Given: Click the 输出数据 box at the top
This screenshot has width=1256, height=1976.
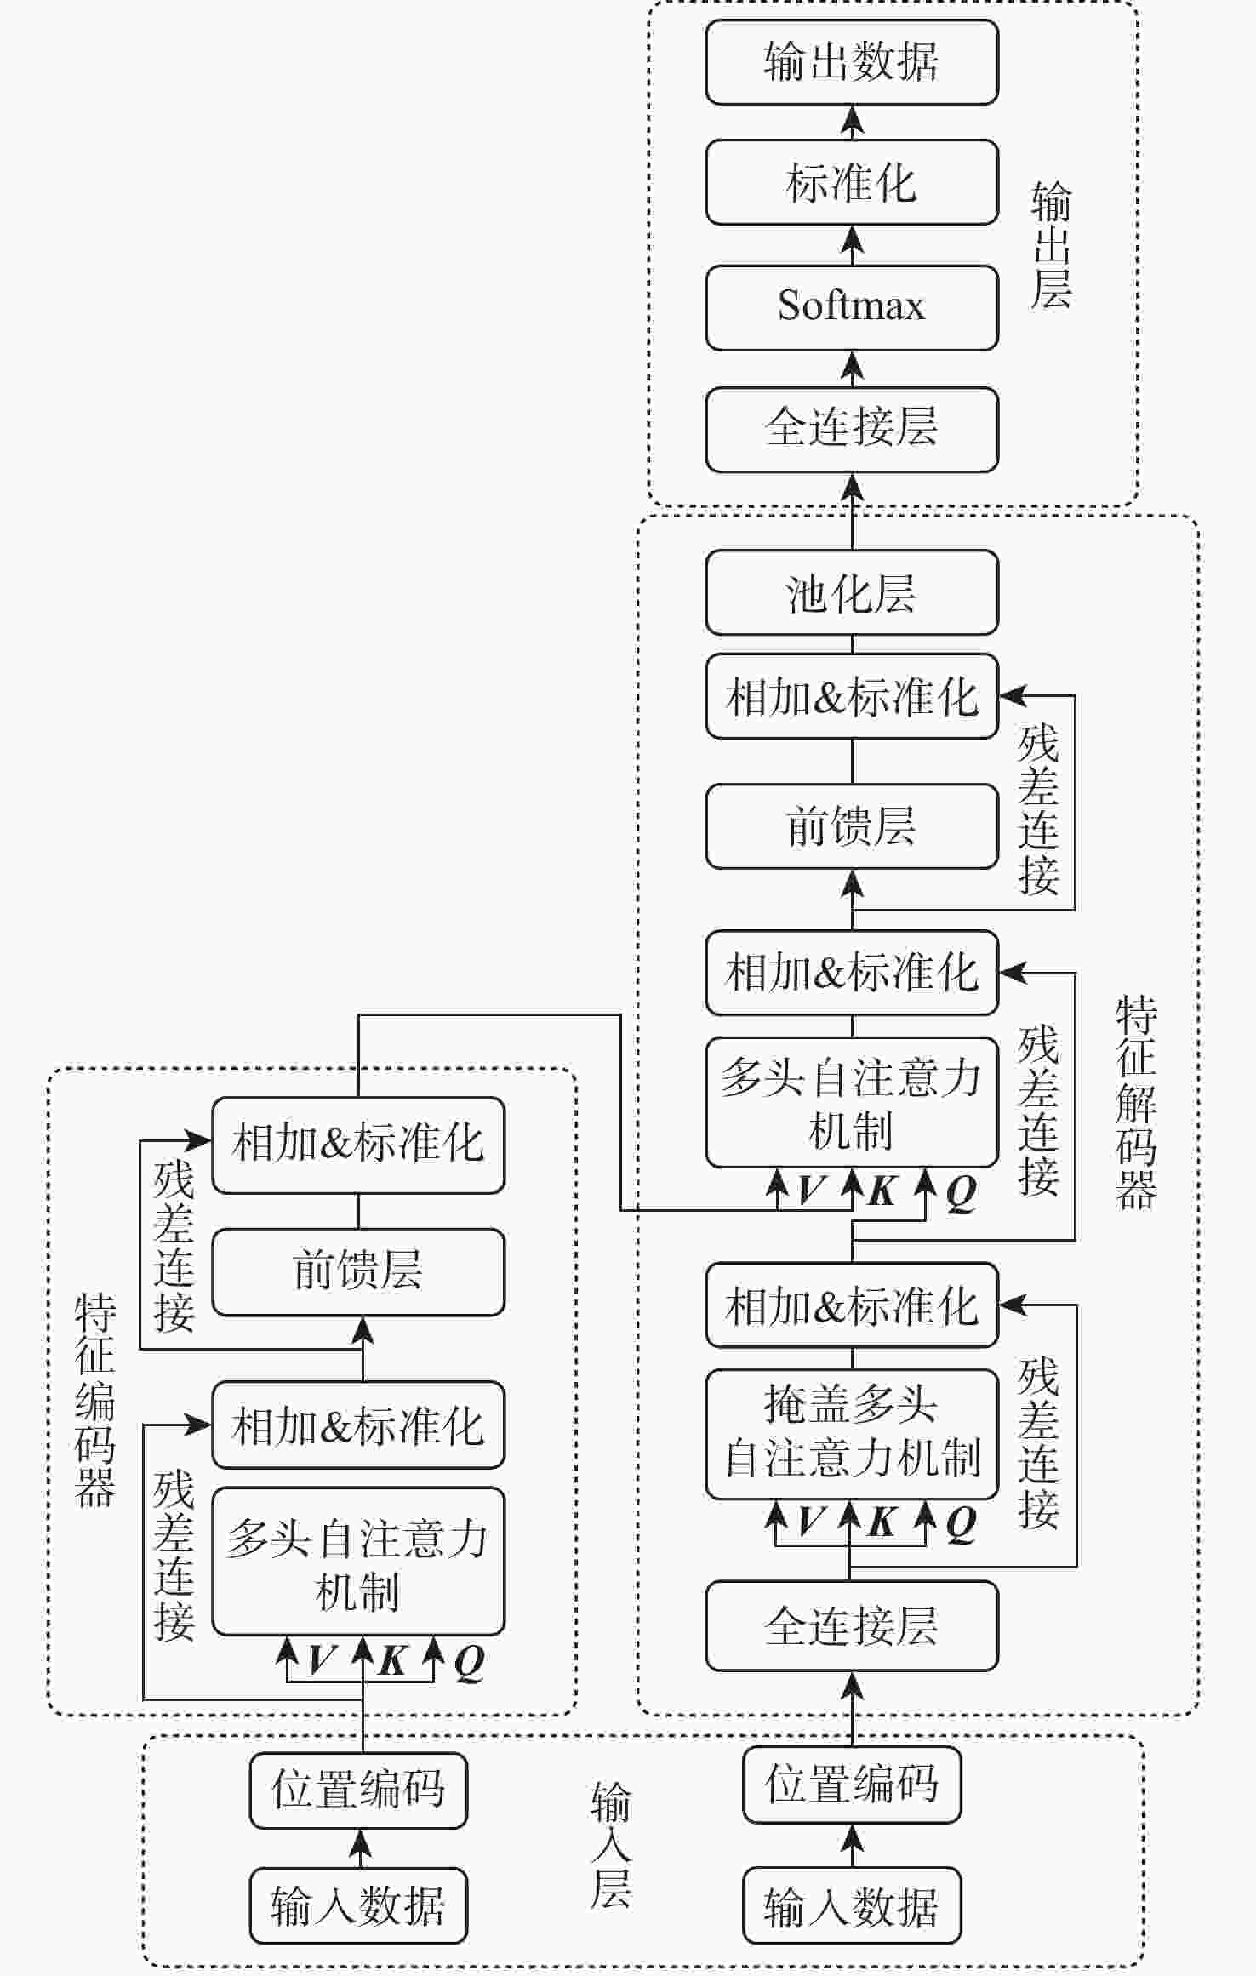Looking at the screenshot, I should (x=851, y=62).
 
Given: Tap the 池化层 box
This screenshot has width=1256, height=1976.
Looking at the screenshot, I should (x=851, y=592).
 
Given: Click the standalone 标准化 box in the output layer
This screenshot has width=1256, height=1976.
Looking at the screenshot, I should (x=851, y=183).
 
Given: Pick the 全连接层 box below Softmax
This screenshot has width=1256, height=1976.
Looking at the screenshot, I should (x=851, y=429).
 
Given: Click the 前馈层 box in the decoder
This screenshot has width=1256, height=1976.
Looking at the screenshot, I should (x=851, y=826).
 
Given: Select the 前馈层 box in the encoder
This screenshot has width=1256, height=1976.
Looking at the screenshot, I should (x=357, y=1271).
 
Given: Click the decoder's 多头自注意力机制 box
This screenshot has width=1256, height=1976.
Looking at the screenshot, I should (x=851, y=1103).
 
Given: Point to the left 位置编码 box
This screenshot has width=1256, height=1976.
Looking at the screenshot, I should (x=357, y=1790).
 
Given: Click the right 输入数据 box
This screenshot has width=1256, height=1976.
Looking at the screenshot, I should (x=851, y=1906).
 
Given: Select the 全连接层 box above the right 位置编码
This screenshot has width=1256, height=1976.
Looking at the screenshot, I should (x=851, y=1626).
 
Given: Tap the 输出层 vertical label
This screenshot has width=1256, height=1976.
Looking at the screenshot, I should (x=1051, y=247).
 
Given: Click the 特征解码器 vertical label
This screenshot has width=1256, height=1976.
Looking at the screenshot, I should (x=1136, y=1103).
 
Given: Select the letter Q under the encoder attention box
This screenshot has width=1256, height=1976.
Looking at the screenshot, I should (x=469, y=1661).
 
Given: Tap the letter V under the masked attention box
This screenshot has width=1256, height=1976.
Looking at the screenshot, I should (x=811, y=1522).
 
